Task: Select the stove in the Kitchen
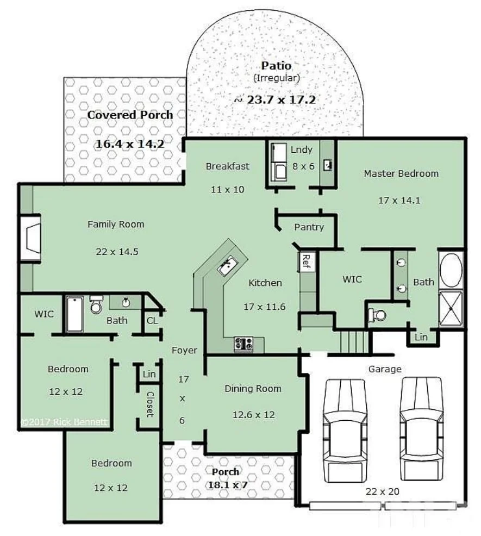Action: (243, 344)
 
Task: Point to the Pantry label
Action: (309, 227)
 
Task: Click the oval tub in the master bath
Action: (451, 270)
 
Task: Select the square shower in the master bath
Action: (451, 309)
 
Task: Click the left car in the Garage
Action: (345, 429)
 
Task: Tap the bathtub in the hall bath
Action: (74, 314)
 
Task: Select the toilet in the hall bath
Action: (96, 306)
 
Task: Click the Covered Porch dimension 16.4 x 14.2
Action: (130, 144)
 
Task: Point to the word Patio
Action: (276, 66)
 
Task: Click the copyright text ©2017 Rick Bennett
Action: (64, 421)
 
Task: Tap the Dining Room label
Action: (253, 389)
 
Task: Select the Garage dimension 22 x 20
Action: (383, 491)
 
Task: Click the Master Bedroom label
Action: (401, 173)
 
